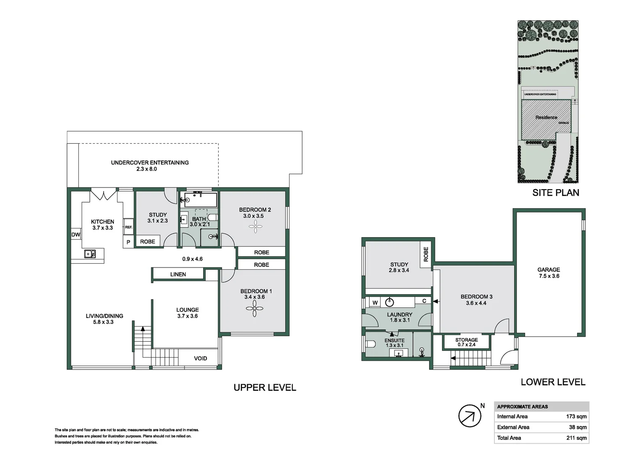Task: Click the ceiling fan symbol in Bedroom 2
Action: tap(255, 227)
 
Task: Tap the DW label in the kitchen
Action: tap(76, 235)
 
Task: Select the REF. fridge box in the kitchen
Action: tap(129, 227)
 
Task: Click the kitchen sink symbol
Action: tap(90, 254)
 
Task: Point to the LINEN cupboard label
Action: tap(178, 274)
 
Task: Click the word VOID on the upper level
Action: tap(200, 359)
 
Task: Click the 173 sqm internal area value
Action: tap(576, 416)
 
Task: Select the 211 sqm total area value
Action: tap(576, 438)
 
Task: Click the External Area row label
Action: tap(513, 427)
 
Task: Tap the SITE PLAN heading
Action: tap(555, 193)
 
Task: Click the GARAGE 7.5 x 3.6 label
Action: tap(549, 273)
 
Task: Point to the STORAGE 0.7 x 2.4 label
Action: tap(467, 342)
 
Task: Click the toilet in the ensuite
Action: tap(370, 344)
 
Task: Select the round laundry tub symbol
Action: tap(389, 302)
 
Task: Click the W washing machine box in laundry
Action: tap(375, 302)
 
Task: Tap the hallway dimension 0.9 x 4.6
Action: tap(192, 259)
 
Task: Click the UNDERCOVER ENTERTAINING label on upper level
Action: tap(150, 166)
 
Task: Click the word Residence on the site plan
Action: tap(546, 118)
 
